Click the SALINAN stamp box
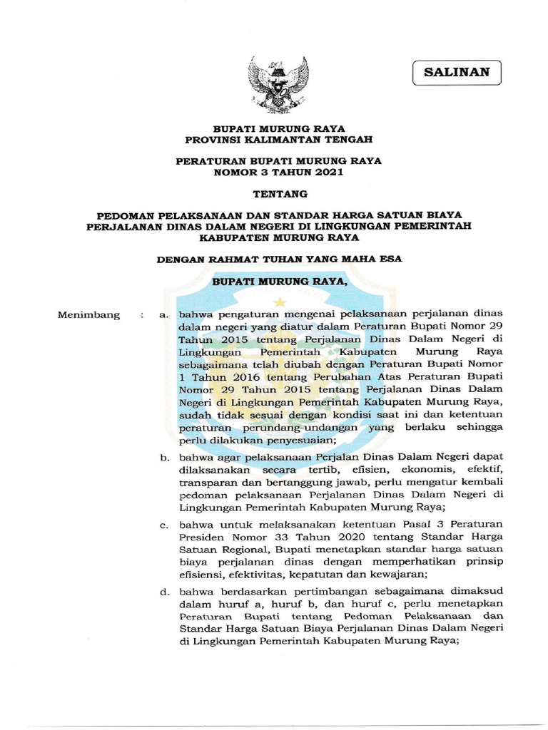457,73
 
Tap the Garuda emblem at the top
278,84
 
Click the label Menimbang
89,315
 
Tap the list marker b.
164,456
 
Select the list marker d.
164,591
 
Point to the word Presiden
202,537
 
